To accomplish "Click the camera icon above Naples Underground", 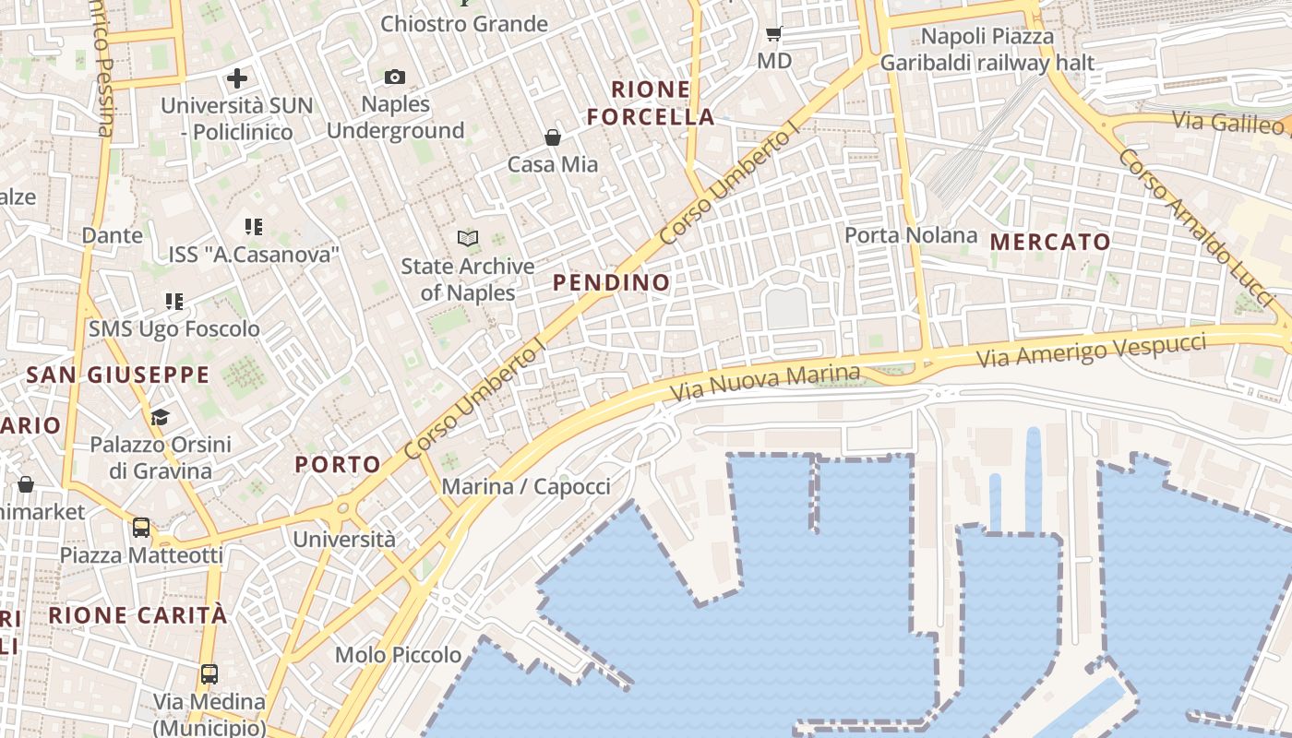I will click(395, 77).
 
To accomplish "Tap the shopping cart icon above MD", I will click(774, 34).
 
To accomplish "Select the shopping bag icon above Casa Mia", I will click(553, 137).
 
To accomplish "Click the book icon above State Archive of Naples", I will click(468, 239).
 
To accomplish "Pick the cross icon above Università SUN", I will click(237, 78).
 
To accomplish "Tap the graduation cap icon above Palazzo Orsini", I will click(161, 417).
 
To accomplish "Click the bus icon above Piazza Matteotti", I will click(141, 528).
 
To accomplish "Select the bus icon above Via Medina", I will click(209, 673).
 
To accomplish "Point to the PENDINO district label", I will click(612, 283).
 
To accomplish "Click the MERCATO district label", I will click(1050, 243).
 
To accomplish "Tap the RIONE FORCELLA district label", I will click(651, 103).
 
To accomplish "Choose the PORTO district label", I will click(339, 465).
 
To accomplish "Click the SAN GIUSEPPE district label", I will click(118, 375).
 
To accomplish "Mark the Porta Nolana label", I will click(911, 235).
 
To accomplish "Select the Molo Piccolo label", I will click(398, 655).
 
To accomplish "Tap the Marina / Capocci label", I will click(526, 486).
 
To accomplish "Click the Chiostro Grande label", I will click(464, 24).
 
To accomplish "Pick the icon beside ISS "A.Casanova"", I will click(254, 226).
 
